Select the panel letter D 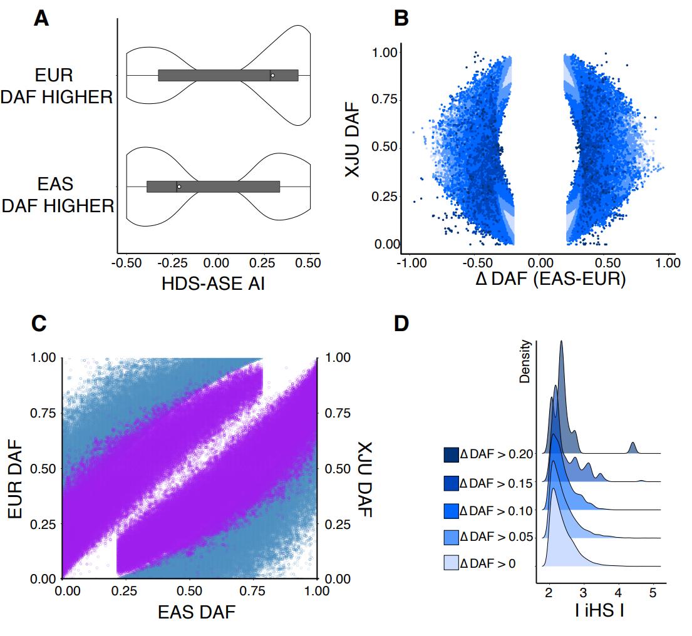pos(402,323)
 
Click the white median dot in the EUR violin pos(272,75)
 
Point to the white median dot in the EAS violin pos(178,187)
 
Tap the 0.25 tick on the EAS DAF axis pos(127,591)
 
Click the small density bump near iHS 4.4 pos(633,447)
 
